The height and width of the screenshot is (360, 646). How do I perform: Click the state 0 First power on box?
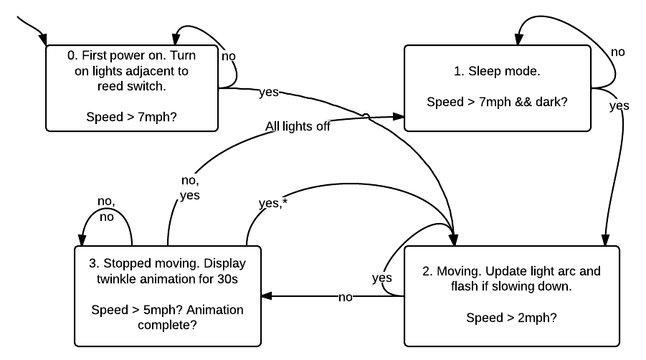coord(131,87)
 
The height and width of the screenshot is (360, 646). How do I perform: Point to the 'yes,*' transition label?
coord(272,203)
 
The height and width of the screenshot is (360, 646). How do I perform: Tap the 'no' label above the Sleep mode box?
coord(618,52)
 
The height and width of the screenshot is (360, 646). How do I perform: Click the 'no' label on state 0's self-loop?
coord(229,55)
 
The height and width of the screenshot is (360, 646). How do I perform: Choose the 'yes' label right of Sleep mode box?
coord(619,105)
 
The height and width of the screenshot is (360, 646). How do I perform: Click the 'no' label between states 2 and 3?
coord(346,297)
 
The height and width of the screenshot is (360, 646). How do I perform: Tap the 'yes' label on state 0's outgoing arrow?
coord(267,93)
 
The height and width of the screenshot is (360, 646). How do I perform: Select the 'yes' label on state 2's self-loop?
coord(382,277)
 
